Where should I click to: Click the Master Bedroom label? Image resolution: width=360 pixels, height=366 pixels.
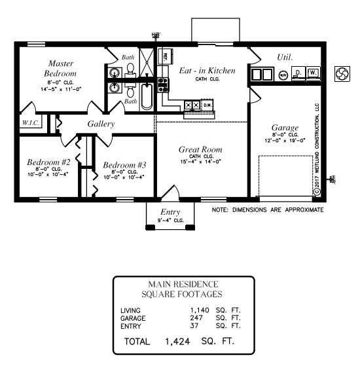point(61,68)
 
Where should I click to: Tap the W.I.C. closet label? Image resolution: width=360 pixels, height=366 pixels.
point(31,122)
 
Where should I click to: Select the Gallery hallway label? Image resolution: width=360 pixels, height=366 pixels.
point(101,124)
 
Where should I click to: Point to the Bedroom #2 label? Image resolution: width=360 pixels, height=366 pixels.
point(48,162)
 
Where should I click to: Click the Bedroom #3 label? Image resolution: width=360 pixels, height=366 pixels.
point(124,165)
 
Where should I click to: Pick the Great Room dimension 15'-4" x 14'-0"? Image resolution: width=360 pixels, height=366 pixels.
point(201,162)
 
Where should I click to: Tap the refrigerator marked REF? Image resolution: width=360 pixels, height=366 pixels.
point(166,56)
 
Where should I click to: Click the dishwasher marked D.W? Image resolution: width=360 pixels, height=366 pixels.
point(207,105)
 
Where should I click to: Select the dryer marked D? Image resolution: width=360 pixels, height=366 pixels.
point(298,73)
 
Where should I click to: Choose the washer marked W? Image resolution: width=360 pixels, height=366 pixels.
point(313,73)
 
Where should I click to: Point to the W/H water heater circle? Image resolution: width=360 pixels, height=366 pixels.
point(283,75)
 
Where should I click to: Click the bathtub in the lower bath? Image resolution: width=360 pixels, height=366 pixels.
point(147,97)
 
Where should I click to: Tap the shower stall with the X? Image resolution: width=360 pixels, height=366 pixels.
point(147,63)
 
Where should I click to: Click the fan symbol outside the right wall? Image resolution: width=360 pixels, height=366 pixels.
point(342,74)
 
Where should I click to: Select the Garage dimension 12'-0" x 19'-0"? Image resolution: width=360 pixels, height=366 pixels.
point(285,141)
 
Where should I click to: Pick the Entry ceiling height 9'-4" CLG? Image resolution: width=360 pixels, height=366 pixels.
point(171,221)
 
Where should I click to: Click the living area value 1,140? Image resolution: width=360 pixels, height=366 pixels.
point(200,310)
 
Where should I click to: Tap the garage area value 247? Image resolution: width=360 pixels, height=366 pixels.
point(196,318)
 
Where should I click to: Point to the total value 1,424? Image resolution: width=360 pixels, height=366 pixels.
point(177,342)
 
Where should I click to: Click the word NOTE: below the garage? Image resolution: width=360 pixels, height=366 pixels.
point(220,210)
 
